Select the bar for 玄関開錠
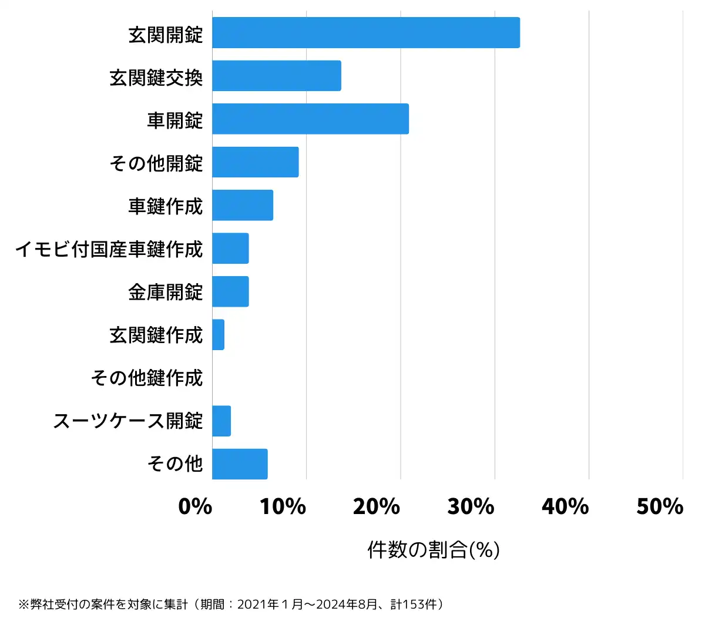(x=365, y=33)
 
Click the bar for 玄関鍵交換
(x=276, y=76)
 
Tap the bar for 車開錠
(x=310, y=119)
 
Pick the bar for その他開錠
(x=255, y=162)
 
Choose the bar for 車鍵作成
(x=242, y=205)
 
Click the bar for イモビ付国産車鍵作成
(x=230, y=248)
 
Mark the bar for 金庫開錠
(x=230, y=291)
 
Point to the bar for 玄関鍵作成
(x=218, y=335)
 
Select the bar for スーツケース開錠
(x=221, y=421)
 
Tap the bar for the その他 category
(x=240, y=464)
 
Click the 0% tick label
(x=195, y=506)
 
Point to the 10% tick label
(x=283, y=506)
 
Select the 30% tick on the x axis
(x=471, y=506)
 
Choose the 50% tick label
(x=660, y=506)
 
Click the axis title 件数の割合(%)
(x=434, y=550)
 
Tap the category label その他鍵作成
(x=147, y=378)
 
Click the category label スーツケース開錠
(x=128, y=421)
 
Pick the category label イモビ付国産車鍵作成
(x=109, y=249)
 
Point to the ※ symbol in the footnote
(x=23, y=605)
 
